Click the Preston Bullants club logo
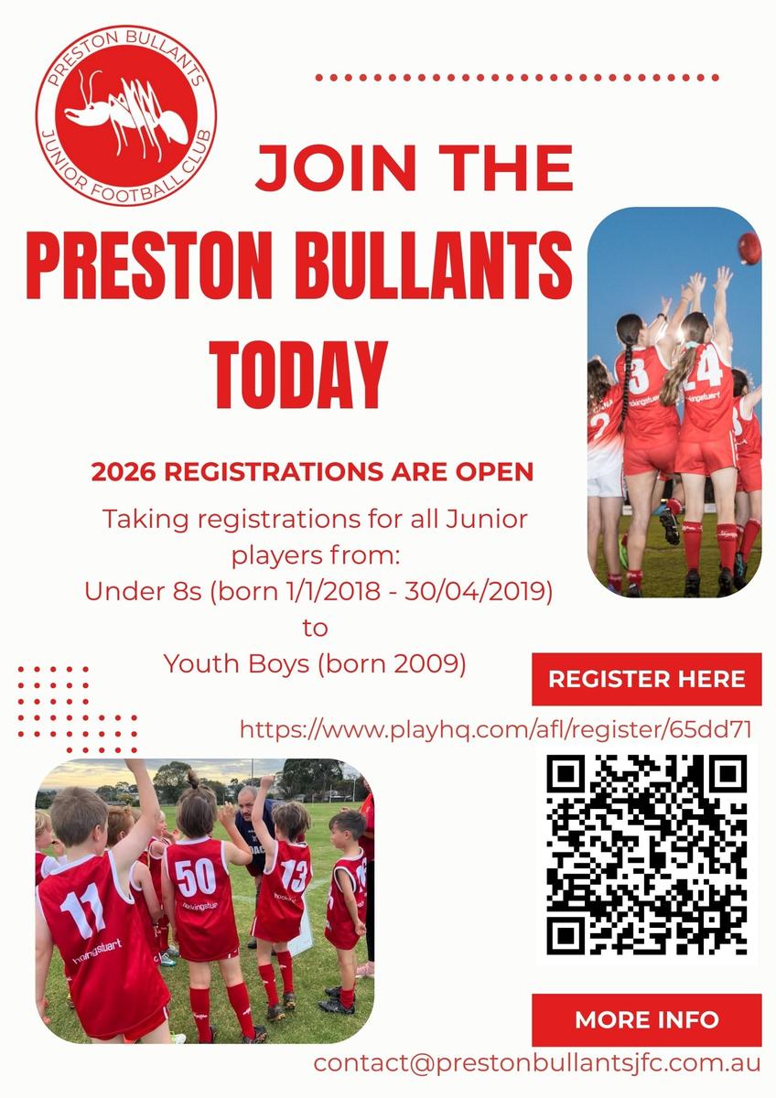pyautogui.click(x=126, y=115)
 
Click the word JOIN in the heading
pyautogui.click(x=336, y=168)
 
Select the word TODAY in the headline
pyautogui.click(x=298, y=375)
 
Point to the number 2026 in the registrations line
pyautogui.click(x=124, y=471)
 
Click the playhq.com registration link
pyautogui.click(x=496, y=730)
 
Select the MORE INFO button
pyautogui.click(x=647, y=1019)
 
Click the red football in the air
pyautogui.click(x=750, y=249)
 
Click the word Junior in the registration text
pyautogui.click(x=487, y=519)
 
